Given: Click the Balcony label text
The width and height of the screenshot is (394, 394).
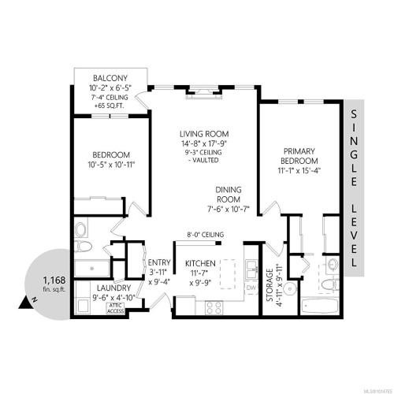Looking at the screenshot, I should [x=106, y=77].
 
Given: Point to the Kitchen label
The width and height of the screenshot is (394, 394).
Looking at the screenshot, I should [x=201, y=262].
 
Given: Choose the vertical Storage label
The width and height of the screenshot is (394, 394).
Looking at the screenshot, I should [x=269, y=286].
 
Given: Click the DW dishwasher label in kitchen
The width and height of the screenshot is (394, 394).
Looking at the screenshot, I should [x=251, y=288].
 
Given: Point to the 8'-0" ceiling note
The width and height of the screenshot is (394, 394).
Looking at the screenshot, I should [x=206, y=235].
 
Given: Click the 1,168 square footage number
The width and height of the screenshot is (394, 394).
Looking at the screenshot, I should [x=54, y=279].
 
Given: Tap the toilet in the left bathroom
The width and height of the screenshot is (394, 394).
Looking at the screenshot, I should [x=80, y=232].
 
